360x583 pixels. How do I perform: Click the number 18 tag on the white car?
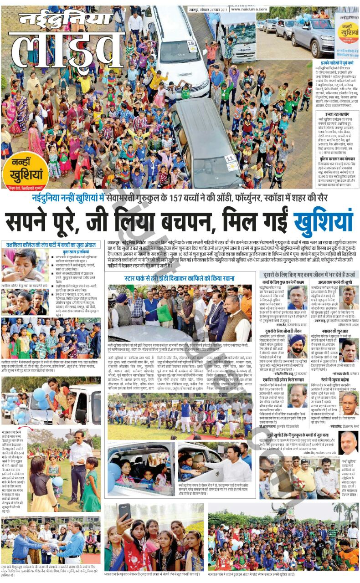[192, 46]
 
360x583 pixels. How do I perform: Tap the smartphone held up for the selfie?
[124, 512]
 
